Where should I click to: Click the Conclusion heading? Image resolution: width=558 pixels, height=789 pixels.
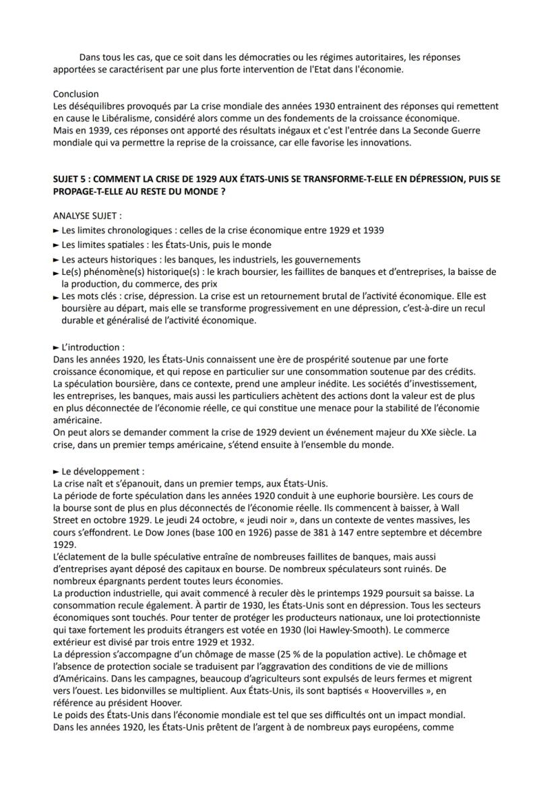pos(75,94)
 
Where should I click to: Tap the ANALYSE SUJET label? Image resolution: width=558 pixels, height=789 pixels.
pos(87,216)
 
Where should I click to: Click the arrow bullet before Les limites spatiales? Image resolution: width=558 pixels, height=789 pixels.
pos(56,245)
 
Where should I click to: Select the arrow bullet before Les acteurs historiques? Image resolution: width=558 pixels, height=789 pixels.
pos(56,260)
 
